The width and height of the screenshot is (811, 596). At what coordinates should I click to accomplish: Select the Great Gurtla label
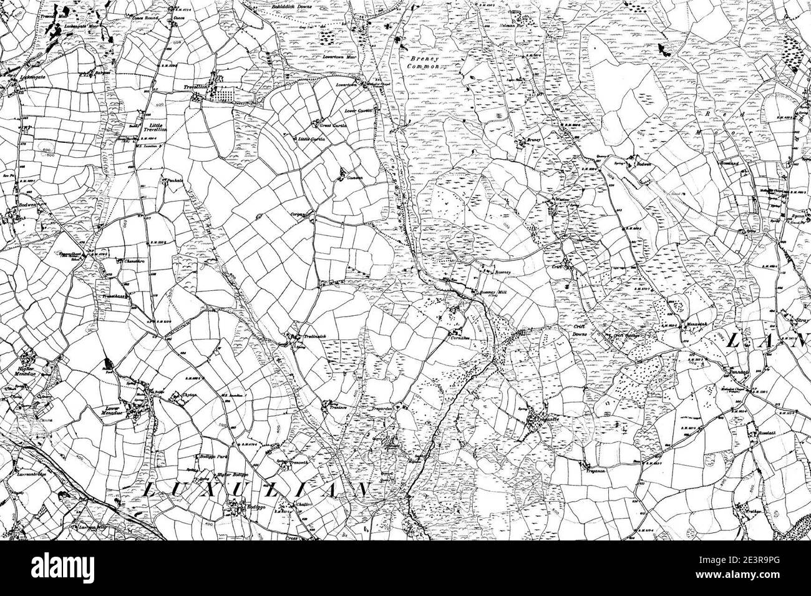pos(333,124)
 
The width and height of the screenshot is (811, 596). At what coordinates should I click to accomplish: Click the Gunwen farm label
pos(354,178)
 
